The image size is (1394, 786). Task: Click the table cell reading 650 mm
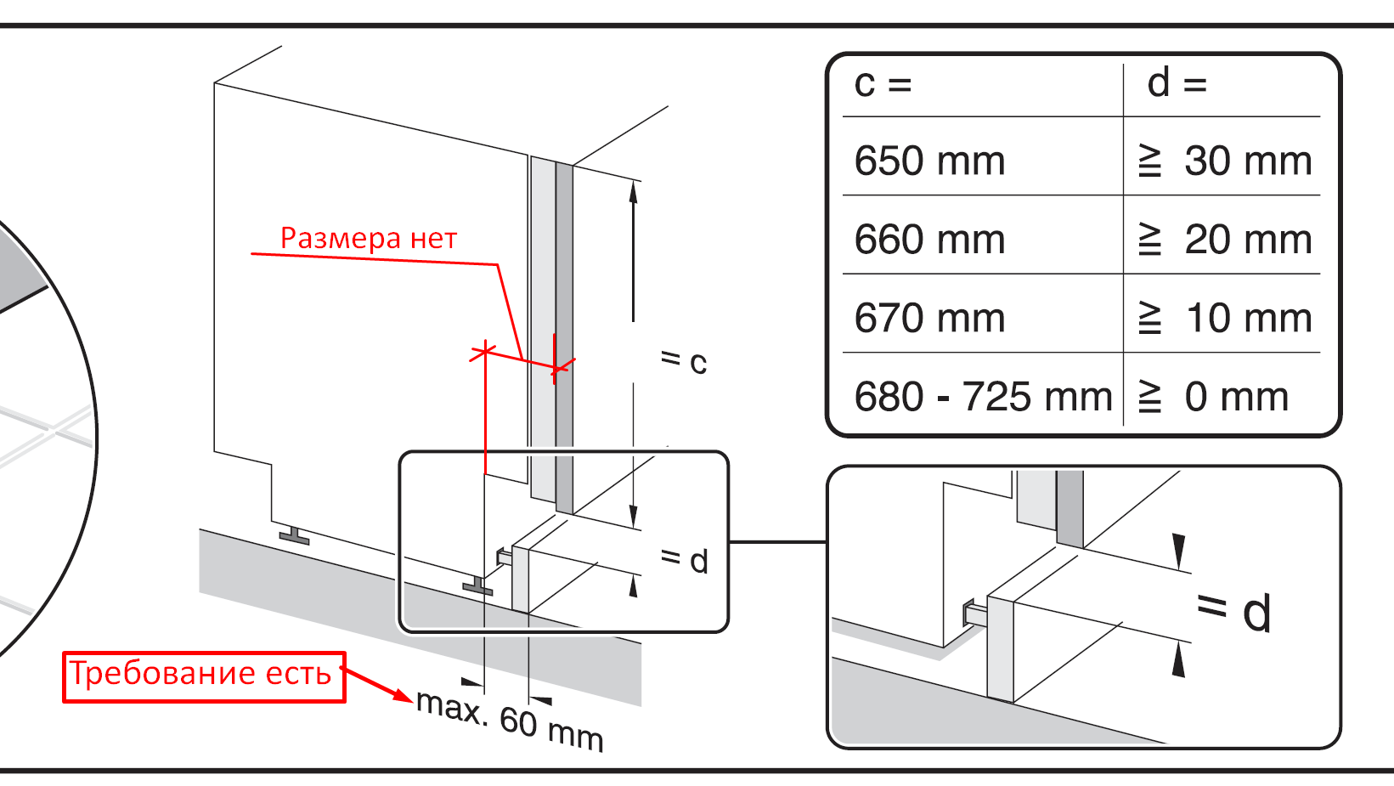pyautogui.click(x=929, y=161)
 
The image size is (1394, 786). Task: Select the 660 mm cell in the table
pyautogui.click(x=929, y=240)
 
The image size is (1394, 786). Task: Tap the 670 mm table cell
pyautogui.click(x=929, y=319)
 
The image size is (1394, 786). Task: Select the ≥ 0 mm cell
pyautogui.click(x=1215, y=397)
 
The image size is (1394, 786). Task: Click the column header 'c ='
pyautogui.click(x=883, y=83)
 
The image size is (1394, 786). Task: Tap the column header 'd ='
pyautogui.click(x=1177, y=83)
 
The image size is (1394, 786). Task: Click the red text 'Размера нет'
pyautogui.click(x=369, y=238)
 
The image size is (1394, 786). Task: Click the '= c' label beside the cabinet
pyautogui.click(x=684, y=361)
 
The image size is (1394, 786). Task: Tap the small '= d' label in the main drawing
pyautogui.click(x=684, y=560)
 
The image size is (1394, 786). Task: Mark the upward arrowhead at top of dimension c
pyautogui.click(x=633, y=190)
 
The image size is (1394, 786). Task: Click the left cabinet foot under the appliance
pyautogui.click(x=294, y=535)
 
